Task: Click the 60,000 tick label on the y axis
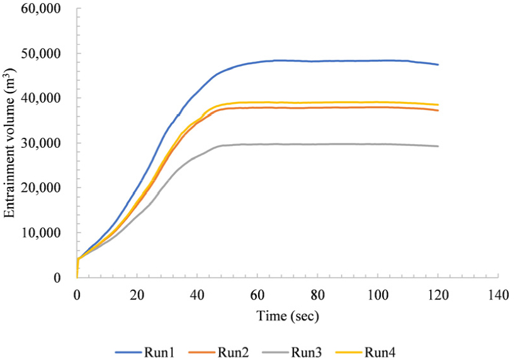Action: pos(50,9)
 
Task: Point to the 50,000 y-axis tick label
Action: pos(50,53)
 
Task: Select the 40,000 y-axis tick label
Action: pos(50,98)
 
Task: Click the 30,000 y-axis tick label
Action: pos(50,143)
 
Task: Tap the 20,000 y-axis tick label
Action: pos(50,188)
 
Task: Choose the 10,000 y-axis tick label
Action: pos(50,232)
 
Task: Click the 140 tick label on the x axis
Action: pos(498,293)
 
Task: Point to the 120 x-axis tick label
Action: pos(438,293)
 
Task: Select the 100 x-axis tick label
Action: pos(377,293)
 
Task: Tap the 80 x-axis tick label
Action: pos(317,293)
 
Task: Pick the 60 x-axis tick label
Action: pos(257,293)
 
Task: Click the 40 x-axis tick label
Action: pos(196,293)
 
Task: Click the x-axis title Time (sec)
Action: pos(288,316)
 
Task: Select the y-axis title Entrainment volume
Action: pos(10,144)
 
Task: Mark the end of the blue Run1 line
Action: pos(438,64)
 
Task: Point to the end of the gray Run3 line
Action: pos(438,146)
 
